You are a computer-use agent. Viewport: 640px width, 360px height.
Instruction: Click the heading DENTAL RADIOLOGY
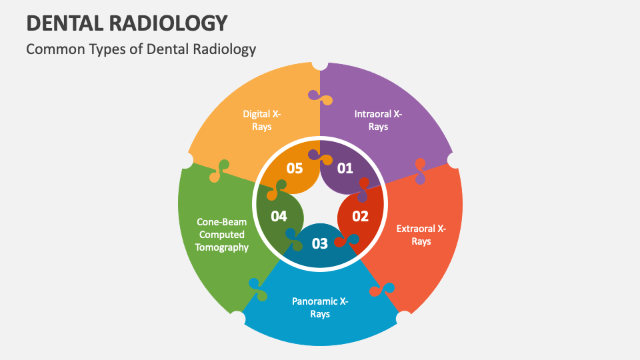tap(127, 23)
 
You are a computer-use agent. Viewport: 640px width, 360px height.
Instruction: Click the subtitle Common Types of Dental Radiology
tap(141, 49)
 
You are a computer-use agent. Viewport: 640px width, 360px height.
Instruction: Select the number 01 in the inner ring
tap(345, 168)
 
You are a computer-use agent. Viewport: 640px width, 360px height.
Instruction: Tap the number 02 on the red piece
tap(361, 216)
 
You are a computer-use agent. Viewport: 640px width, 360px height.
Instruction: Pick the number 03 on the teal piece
tap(320, 244)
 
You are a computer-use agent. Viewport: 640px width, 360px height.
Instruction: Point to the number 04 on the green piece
tap(279, 216)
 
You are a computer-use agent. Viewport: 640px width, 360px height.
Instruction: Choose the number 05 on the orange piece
tap(295, 168)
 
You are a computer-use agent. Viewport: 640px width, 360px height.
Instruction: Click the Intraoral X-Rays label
tap(378, 120)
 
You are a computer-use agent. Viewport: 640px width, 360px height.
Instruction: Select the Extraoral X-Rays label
tap(421, 235)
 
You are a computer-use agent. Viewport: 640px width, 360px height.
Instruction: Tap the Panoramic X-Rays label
tap(320, 307)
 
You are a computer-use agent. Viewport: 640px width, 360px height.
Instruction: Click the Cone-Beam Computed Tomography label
tap(221, 235)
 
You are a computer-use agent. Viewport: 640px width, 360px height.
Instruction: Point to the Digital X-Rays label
tap(261, 120)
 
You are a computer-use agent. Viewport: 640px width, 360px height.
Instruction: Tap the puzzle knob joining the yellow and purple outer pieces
tap(321, 97)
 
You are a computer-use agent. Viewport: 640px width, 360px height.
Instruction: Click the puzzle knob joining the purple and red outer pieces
tap(421, 171)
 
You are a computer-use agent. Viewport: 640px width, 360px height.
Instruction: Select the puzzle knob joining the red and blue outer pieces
tap(382, 289)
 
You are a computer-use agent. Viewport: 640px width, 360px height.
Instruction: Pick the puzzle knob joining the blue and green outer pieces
tap(258, 290)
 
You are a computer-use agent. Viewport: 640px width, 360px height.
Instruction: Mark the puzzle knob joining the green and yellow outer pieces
tap(219, 171)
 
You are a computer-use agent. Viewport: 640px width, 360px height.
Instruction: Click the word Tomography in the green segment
tap(221, 247)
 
